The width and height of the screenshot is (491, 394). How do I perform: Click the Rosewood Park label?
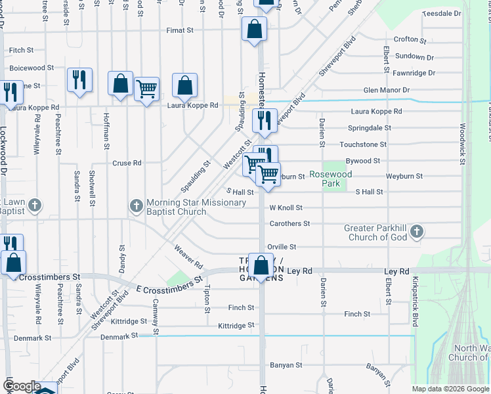click(331, 179)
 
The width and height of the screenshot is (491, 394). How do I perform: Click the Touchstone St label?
click(363, 144)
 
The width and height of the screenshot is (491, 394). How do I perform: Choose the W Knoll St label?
click(286, 208)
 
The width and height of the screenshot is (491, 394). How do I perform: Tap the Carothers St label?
click(289, 224)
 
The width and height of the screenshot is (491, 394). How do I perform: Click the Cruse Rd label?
click(127, 163)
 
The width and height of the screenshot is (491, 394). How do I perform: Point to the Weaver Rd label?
click(188, 257)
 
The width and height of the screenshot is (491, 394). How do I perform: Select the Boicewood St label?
click(32, 68)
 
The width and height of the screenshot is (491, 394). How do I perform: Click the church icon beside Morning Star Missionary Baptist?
click(137, 207)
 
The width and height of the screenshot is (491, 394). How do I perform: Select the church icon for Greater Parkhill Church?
click(416, 232)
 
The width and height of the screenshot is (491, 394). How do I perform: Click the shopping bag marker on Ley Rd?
click(261, 266)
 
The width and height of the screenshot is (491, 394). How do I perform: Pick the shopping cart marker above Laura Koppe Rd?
click(146, 88)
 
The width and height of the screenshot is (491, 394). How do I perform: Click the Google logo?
click(22, 386)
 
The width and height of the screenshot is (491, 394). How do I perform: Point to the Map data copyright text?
click(450, 389)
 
